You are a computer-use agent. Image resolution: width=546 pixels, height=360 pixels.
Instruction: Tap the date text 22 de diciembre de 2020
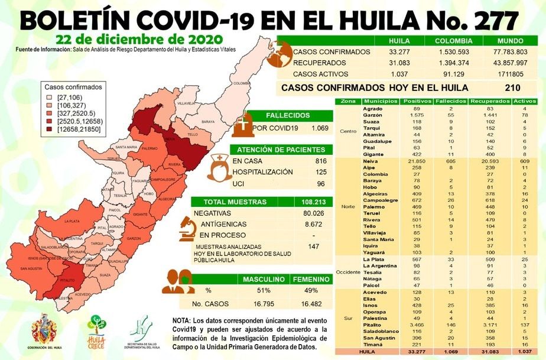tap(138, 39)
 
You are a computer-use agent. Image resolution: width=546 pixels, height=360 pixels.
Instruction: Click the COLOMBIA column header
tap(453, 41)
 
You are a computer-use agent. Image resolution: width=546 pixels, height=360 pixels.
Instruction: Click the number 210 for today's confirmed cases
tap(512, 87)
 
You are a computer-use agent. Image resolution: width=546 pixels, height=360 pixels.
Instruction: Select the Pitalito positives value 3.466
tap(408, 325)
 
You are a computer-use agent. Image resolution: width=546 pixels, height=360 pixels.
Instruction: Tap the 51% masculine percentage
tap(263, 290)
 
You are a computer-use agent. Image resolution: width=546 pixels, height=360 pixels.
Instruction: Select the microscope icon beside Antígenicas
tap(188, 225)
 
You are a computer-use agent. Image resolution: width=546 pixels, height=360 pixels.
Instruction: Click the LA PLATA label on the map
tap(71, 221)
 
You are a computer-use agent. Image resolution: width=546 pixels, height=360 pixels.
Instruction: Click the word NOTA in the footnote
tap(182, 320)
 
